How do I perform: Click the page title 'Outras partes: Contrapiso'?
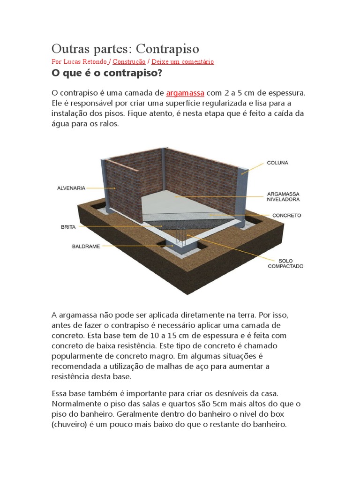125,49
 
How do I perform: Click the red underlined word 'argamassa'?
185,93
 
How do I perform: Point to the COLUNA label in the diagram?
277,163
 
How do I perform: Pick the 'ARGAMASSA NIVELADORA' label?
283,196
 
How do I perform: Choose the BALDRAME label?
86,246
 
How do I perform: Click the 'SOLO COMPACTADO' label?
285,263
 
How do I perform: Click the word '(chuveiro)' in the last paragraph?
71,425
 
